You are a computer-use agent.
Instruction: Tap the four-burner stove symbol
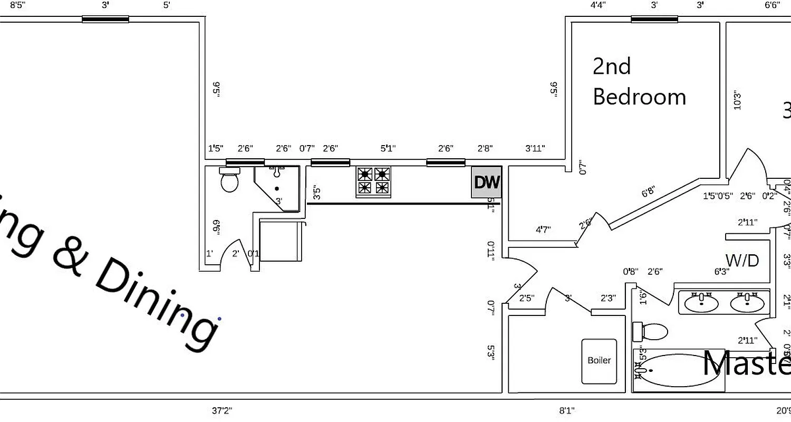click(x=373, y=181)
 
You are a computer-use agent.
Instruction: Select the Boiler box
click(x=599, y=361)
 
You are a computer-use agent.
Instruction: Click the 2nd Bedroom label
click(x=638, y=82)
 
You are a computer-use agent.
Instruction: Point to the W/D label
click(x=742, y=260)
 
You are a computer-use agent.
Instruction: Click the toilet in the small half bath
click(x=229, y=180)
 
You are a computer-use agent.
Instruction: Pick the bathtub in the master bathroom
click(x=678, y=370)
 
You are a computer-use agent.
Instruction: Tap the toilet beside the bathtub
click(x=651, y=332)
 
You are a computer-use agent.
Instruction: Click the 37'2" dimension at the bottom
click(x=221, y=410)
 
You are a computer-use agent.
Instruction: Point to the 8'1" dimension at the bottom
click(x=567, y=410)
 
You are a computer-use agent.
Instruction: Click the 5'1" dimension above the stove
click(x=388, y=149)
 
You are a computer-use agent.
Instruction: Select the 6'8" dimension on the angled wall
click(x=648, y=191)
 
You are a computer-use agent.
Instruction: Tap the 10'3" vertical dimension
click(x=737, y=100)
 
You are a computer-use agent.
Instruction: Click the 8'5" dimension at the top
click(x=17, y=5)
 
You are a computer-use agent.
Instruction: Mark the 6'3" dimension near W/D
click(x=721, y=272)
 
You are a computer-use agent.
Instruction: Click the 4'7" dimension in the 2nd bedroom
click(x=543, y=229)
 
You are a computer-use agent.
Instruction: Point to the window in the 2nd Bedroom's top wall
click(x=654, y=20)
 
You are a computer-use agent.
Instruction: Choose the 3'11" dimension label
click(x=535, y=149)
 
